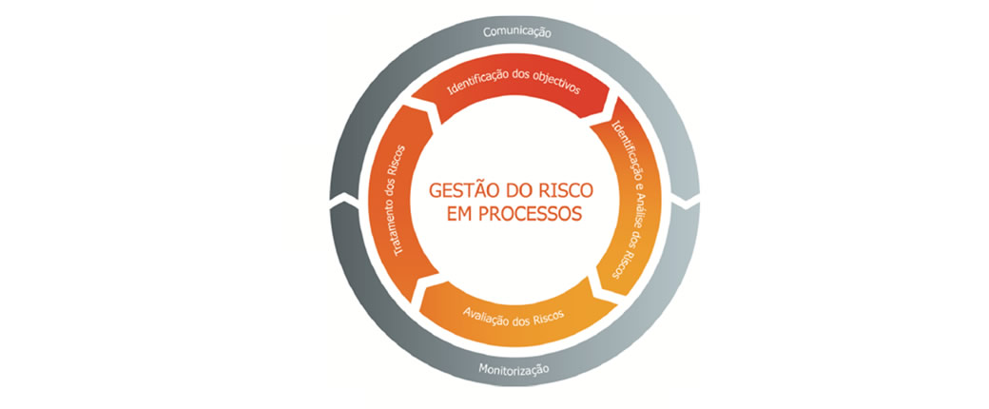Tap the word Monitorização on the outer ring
pyautogui.click(x=514, y=369)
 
